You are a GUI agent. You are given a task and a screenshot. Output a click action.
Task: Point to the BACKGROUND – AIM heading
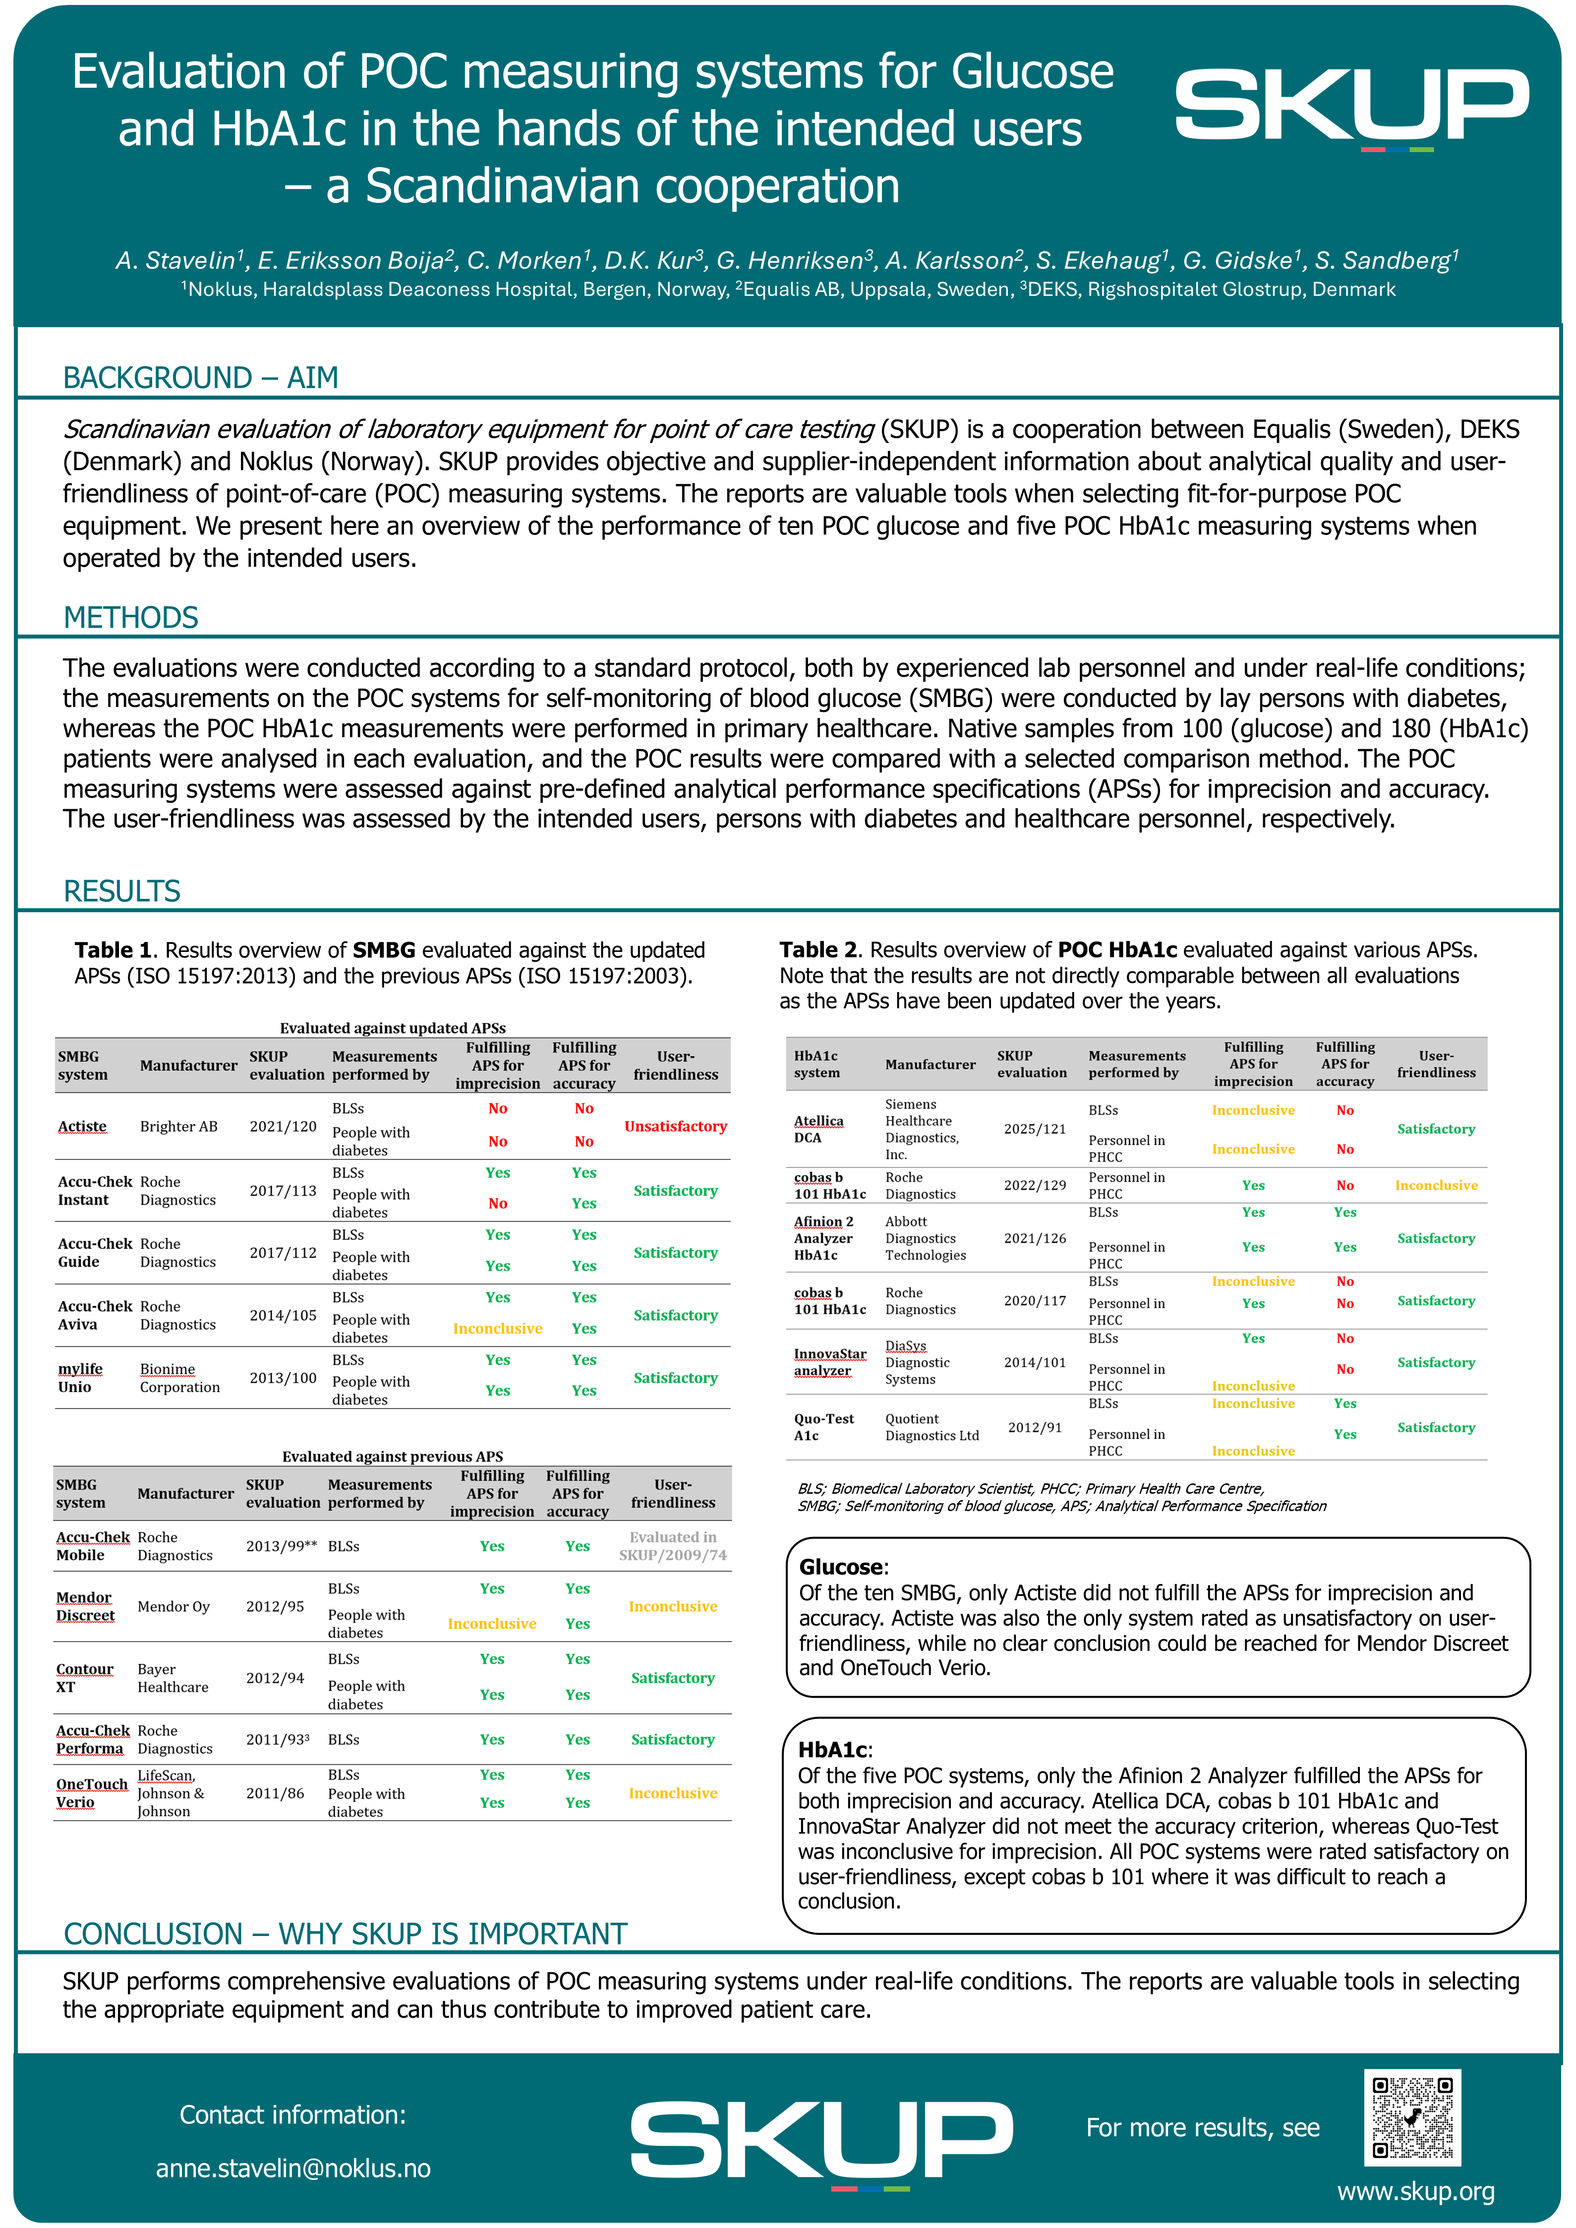click(x=201, y=377)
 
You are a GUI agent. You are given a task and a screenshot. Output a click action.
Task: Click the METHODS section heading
click(x=131, y=617)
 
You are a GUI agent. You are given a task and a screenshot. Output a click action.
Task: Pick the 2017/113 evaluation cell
click(x=283, y=1191)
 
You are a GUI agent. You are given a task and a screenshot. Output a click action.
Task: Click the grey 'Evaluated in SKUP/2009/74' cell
click(x=673, y=1546)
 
